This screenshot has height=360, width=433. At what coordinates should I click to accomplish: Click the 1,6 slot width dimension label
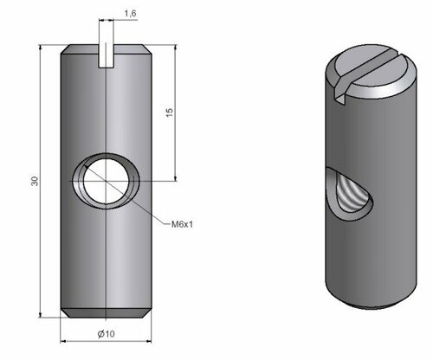(x=131, y=14)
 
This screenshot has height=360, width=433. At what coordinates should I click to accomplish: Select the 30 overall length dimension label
(x=35, y=181)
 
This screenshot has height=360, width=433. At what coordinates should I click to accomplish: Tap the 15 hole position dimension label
(x=170, y=112)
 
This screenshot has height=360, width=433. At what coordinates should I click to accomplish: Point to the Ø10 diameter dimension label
(x=106, y=334)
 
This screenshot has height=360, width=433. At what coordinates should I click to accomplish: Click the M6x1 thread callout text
(x=182, y=224)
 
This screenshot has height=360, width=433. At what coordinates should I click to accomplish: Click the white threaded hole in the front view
(x=107, y=181)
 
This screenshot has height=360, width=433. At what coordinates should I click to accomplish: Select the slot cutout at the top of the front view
(x=107, y=56)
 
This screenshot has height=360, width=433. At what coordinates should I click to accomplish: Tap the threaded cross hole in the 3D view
(x=349, y=193)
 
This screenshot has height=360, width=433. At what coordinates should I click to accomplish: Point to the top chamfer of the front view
(x=107, y=49)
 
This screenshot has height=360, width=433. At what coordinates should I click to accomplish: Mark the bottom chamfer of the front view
(x=107, y=313)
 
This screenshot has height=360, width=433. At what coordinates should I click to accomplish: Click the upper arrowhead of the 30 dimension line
(x=41, y=48)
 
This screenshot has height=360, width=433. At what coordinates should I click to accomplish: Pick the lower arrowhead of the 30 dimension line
(x=41, y=314)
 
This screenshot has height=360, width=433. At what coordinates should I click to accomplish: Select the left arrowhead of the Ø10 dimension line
(x=64, y=341)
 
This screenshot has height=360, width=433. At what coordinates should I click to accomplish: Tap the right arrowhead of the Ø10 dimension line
(x=148, y=341)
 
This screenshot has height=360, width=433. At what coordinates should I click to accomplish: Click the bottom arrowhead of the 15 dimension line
(x=176, y=177)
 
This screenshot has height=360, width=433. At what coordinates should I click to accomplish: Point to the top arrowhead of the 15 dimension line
(x=176, y=48)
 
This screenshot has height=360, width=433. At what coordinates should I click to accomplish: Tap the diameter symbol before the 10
(x=101, y=334)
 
